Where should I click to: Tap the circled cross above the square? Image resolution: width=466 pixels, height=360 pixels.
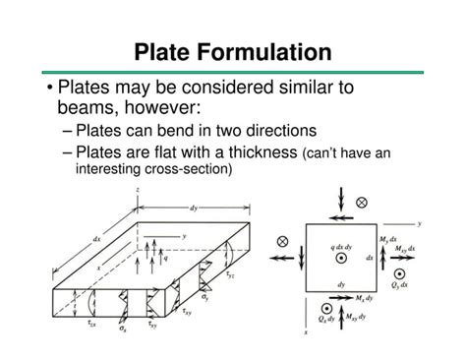pos(362,202)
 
